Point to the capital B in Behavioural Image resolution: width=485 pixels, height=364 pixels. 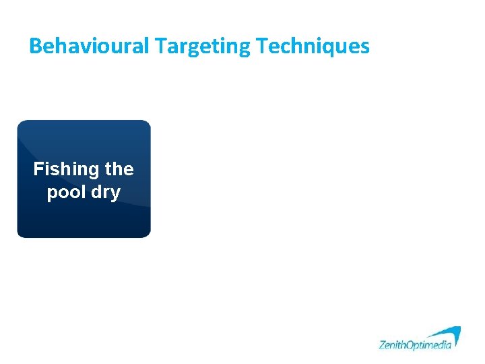pyautogui.click(x=36, y=46)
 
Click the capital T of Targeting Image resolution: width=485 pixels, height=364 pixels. pyautogui.click(x=160, y=46)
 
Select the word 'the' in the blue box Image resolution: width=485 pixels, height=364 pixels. pyautogui.click(x=119, y=169)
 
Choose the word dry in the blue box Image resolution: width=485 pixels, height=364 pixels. pyautogui.click(x=106, y=193)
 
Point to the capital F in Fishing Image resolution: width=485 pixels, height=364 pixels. pyautogui.click(x=38, y=169)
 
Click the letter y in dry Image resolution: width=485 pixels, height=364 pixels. pyautogui.click(x=115, y=194)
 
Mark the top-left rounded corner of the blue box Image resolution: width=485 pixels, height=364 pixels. pyautogui.click(x=21, y=124)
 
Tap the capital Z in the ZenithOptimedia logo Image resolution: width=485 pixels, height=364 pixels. pyautogui.click(x=382, y=344)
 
